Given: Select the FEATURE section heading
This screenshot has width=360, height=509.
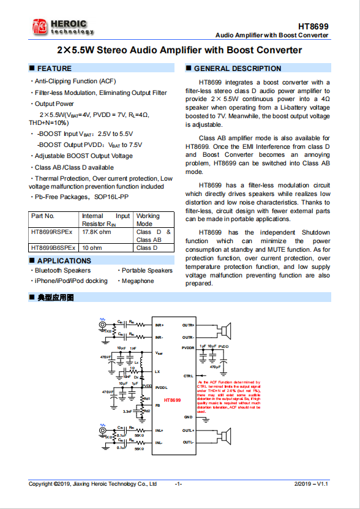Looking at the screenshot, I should click(54, 69).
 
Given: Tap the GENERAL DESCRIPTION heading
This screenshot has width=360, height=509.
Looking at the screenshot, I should click(238, 69).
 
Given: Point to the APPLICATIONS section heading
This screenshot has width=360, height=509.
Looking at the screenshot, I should click(64, 261).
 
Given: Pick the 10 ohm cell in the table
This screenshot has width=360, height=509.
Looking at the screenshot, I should click(92, 248).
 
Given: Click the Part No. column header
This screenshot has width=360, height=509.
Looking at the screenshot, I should click(42, 216).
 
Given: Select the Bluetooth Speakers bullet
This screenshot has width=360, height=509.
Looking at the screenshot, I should click(62, 270).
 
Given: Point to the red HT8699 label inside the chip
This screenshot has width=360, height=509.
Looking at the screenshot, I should click(173, 400).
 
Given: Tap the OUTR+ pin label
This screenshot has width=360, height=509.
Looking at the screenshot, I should click(188, 325).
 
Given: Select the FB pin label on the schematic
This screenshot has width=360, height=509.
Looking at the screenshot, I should click(157, 405).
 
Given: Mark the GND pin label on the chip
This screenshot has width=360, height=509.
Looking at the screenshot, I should click(189, 417).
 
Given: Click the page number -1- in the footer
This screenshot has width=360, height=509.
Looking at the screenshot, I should click(179, 484).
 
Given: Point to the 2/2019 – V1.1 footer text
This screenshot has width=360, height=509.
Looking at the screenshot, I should click(311, 484).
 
